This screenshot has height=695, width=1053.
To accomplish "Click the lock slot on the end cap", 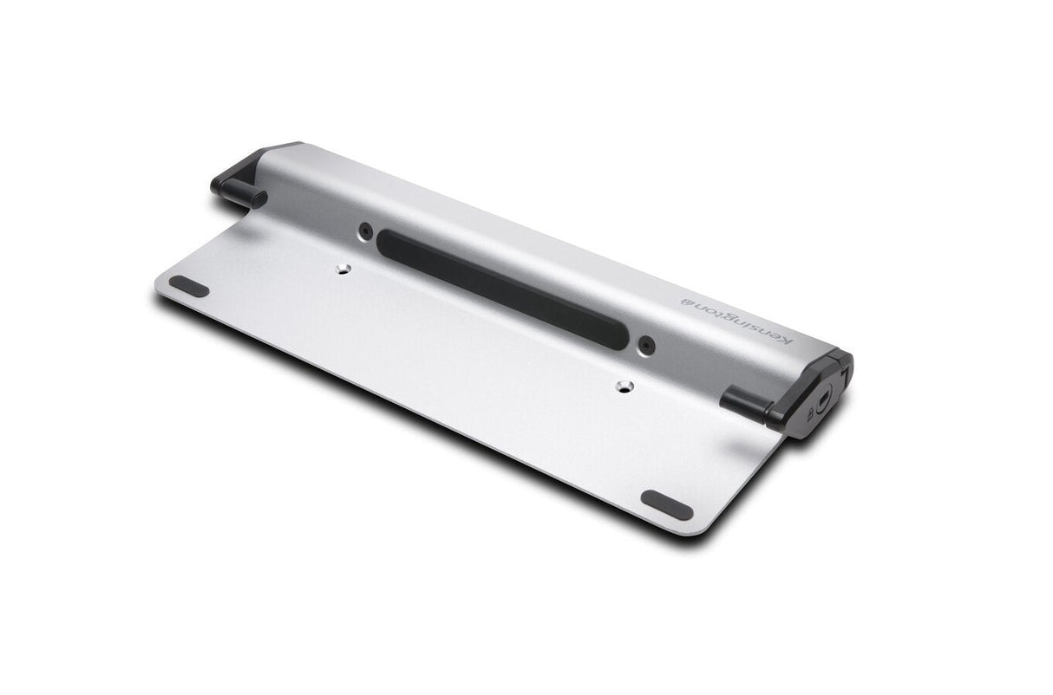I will tap(823, 401).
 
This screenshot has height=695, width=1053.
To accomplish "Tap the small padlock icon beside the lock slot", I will tap(809, 415).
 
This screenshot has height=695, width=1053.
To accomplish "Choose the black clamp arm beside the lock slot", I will tap(744, 404).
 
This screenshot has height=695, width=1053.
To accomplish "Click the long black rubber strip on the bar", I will tap(503, 289).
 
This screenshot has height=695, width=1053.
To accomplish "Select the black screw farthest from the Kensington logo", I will tap(365, 231).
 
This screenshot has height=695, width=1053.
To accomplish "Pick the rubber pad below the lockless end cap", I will tap(188, 286).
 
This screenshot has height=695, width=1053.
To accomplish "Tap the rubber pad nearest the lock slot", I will tap(666, 503).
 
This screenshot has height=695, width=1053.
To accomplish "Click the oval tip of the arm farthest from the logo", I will tap(258, 199).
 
